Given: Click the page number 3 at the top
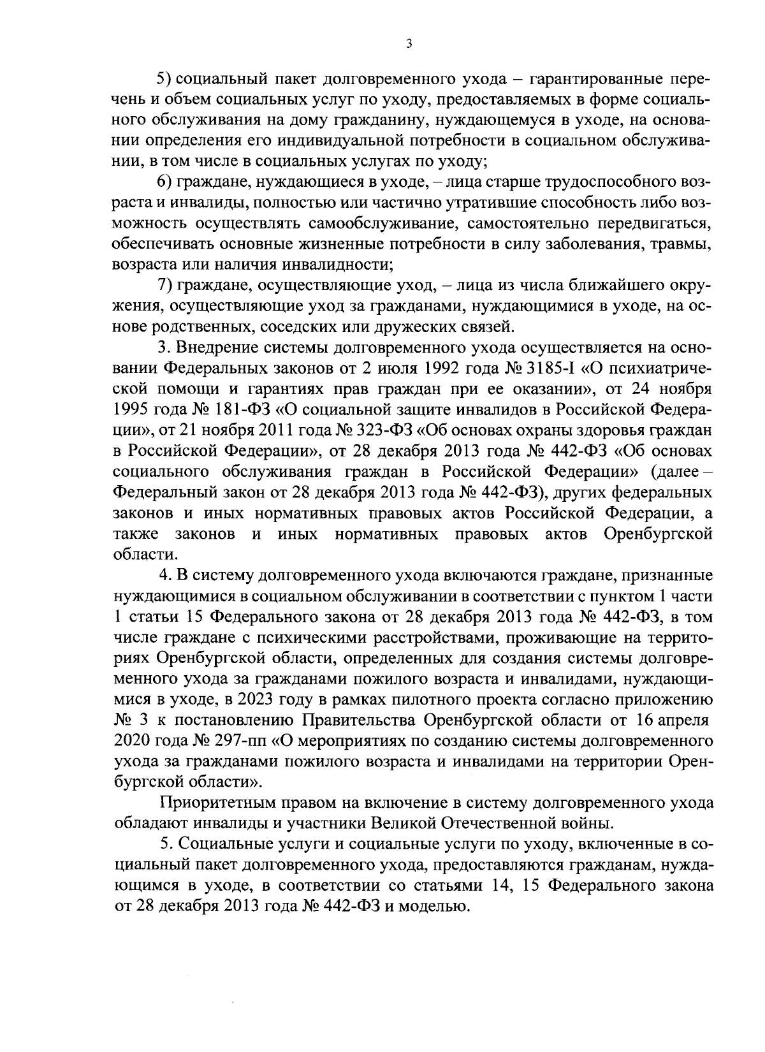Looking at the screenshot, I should (x=409, y=44).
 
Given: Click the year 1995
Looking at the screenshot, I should (x=133, y=409).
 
